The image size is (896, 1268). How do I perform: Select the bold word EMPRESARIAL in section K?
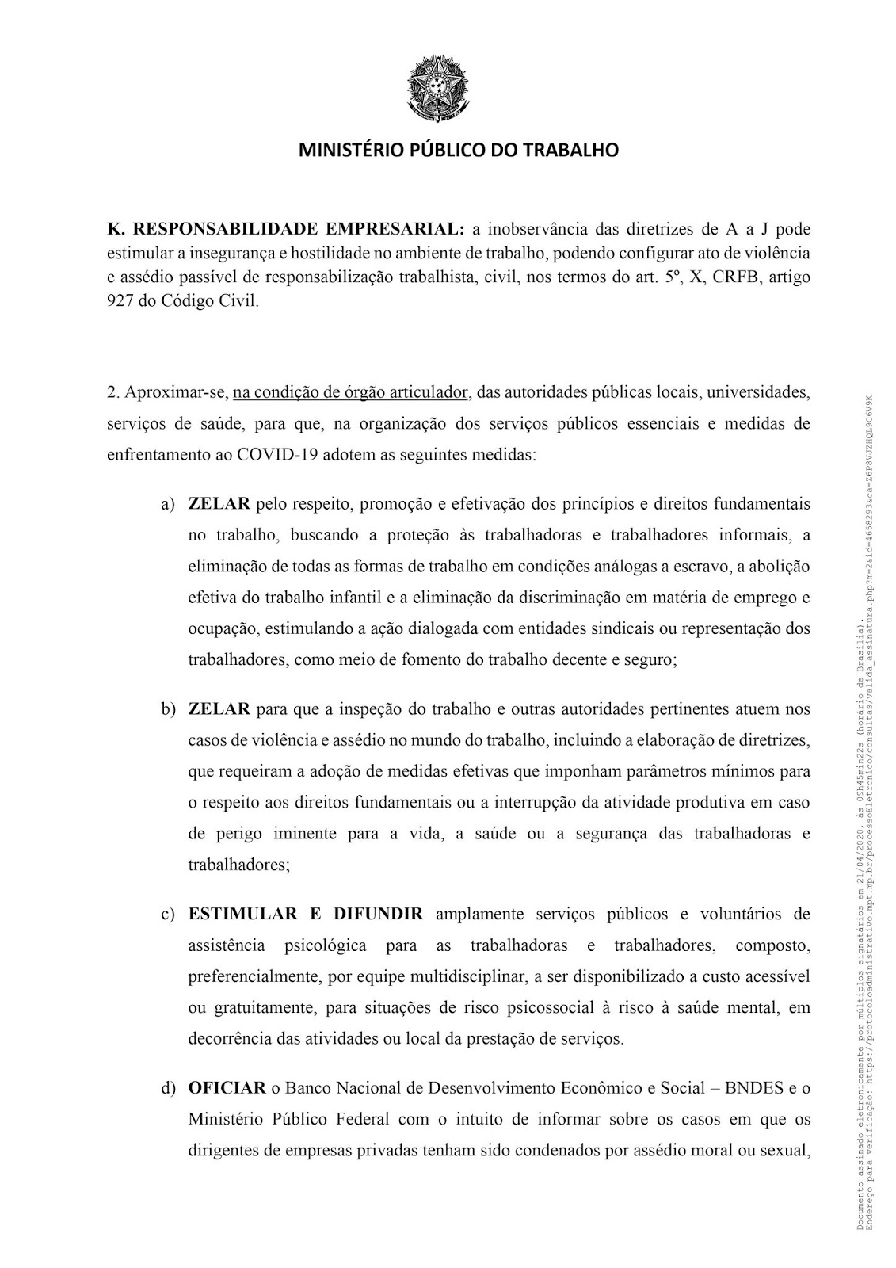393,230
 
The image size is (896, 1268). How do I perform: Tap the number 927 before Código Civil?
119,303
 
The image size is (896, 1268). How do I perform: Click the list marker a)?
168,504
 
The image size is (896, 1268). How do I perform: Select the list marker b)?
168,708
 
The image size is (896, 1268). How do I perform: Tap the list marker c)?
168,915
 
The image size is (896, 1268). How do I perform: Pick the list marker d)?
168,1089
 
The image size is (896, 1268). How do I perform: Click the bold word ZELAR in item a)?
219,504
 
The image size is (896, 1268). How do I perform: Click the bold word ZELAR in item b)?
219,708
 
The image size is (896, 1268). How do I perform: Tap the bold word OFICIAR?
226,1089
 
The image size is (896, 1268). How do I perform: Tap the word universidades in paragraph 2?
758,392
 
